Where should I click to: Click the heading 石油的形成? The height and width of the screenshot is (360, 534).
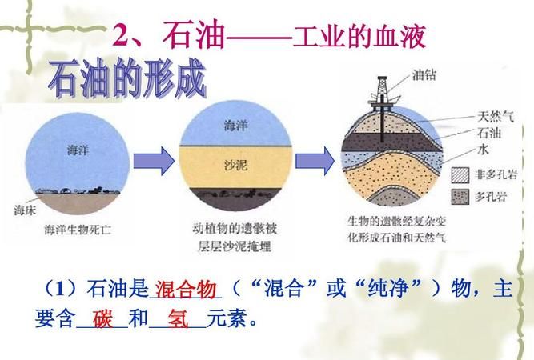pos(126,80)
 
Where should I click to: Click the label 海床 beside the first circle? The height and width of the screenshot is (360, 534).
pos(25,210)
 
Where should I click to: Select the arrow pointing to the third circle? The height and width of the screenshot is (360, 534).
pos(315,161)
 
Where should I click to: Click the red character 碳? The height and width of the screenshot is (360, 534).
pos(103,318)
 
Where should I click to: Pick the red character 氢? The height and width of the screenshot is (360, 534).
pos(177,318)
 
